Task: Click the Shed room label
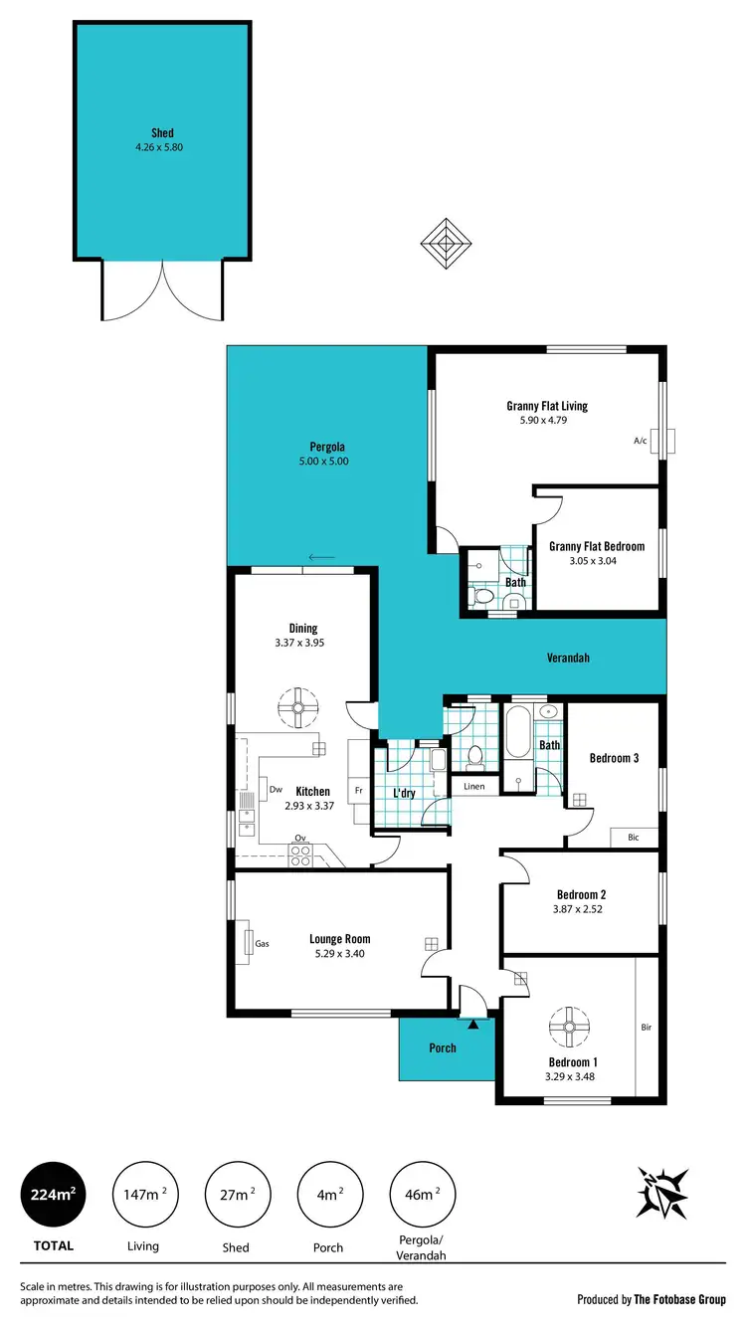tap(162, 132)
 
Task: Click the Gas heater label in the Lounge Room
tap(263, 943)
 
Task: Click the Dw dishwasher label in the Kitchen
tap(276, 790)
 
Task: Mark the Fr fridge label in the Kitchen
tap(356, 792)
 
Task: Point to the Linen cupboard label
tap(473, 787)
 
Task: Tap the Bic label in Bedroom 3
tap(633, 838)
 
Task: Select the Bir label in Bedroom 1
tap(646, 1027)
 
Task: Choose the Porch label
tap(443, 1047)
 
